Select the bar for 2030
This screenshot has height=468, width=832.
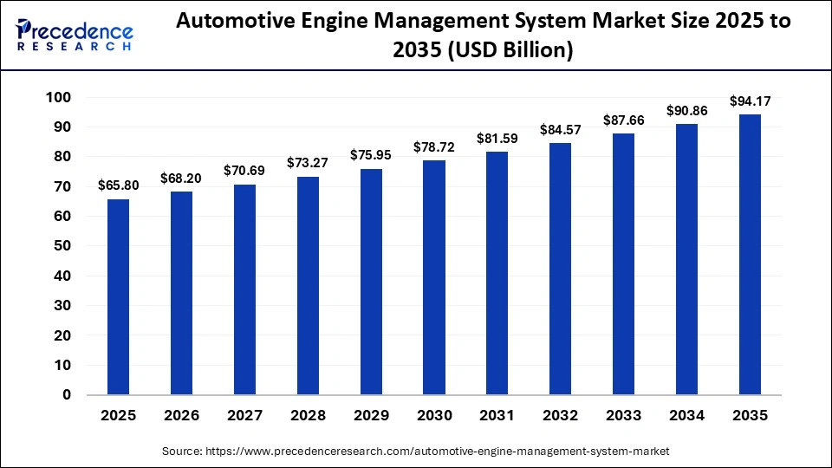tap(434, 277)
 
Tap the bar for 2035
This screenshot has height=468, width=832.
tap(750, 255)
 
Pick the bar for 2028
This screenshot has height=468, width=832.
tap(308, 285)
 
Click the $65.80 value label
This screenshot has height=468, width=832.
tap(118, 185)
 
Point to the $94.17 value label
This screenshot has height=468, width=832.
tap(750, 101)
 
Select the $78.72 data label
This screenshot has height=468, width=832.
tap(434, 146)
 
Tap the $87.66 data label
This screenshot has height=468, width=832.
tap(624, 120)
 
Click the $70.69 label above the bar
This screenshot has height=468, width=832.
tap(244, 171)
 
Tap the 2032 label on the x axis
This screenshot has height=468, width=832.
tap(561, 416)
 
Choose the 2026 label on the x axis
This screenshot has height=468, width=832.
tap(181, 416)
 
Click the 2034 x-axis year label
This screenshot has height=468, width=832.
tap(687, 416)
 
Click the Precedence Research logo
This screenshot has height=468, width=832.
tap(75, 33)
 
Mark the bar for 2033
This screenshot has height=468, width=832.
tap(624, 264)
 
